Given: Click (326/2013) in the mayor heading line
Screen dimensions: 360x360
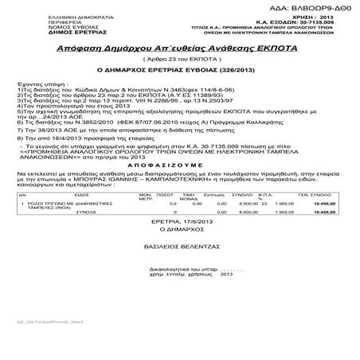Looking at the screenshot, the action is [x=236, y=70].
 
